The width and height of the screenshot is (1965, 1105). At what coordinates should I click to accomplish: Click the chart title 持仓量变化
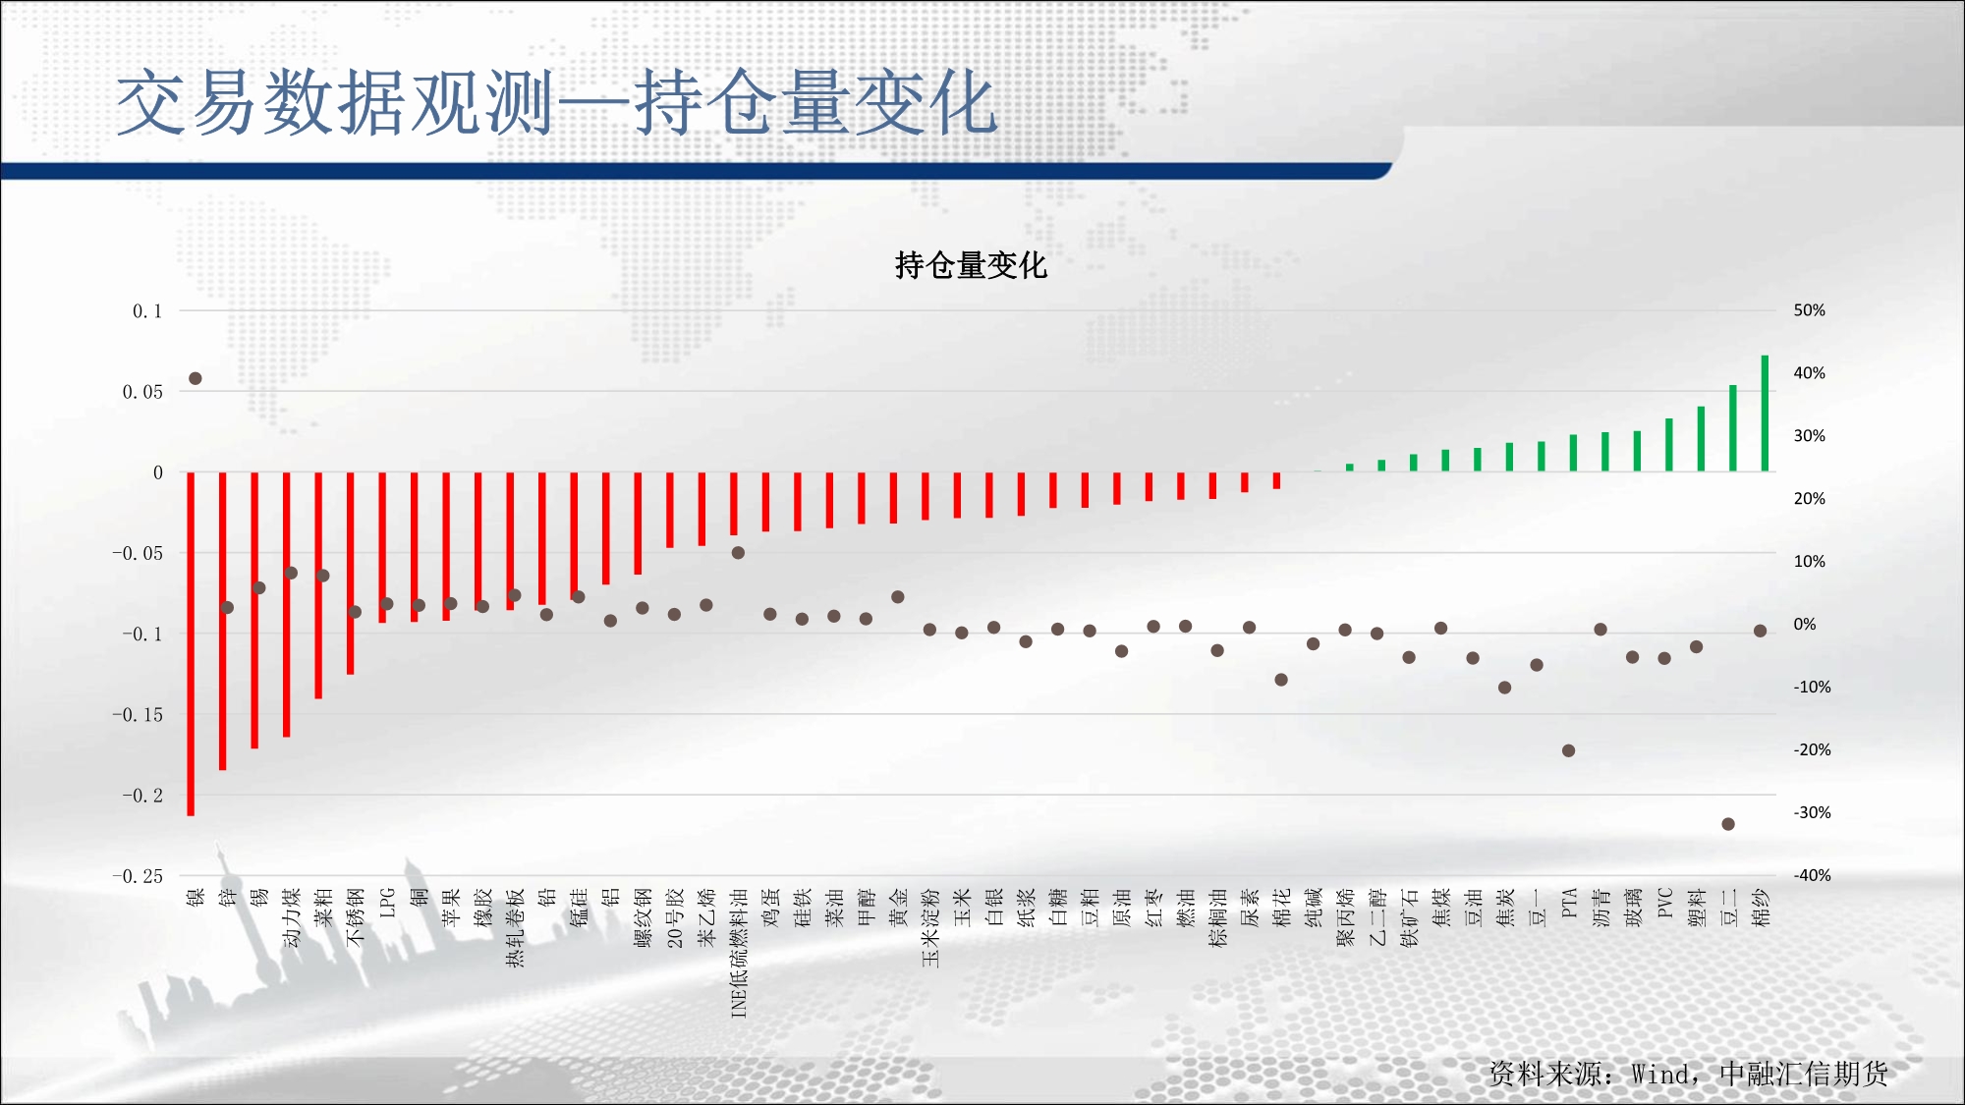971,265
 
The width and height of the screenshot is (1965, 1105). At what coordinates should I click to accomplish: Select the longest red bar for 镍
191,643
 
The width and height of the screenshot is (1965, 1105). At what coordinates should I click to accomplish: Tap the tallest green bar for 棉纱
1765,414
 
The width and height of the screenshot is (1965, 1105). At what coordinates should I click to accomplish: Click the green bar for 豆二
1733,428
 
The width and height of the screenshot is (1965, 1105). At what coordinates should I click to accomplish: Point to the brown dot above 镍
196,378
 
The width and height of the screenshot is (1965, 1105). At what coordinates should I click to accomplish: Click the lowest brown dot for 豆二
1728,824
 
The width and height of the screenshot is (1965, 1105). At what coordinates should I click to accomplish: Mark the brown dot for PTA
1568,750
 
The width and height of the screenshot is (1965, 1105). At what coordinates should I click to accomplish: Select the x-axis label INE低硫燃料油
739,953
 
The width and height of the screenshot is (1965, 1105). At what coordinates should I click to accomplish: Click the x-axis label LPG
387,904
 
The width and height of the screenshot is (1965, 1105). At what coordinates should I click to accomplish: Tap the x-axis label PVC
1664,904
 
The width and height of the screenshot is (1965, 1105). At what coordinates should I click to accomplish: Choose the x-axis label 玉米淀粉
930,927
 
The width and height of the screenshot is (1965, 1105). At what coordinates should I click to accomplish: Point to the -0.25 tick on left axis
138,876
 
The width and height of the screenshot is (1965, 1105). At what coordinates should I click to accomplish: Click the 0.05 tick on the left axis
142,392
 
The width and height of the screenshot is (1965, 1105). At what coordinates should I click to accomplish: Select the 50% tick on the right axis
1809,310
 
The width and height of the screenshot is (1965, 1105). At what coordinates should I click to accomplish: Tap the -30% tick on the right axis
1812,813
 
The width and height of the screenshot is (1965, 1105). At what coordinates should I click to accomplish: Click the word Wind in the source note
1659,1075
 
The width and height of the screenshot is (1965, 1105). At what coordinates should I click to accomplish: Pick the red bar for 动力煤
287,605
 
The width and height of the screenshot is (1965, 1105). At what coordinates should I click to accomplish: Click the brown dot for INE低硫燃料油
738,553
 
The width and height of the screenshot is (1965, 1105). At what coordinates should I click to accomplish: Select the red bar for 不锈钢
351,574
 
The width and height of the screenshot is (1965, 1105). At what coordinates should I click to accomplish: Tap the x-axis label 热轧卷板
515,927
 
